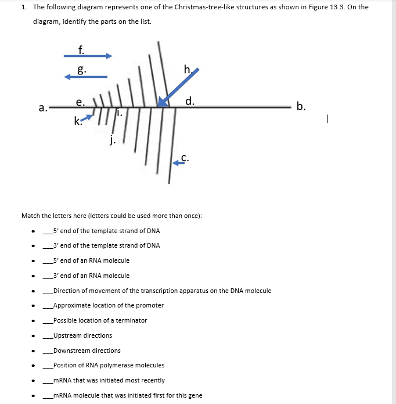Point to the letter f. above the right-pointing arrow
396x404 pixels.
point(82,49)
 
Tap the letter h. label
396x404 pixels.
point(186,70)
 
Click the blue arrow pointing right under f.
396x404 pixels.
point(87,56)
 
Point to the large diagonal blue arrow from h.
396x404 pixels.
point(178,87)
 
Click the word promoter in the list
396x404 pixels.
point(150,305)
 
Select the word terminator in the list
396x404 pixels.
point(133,320)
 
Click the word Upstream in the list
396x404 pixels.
point(66,335)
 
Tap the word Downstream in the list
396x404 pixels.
point(70,351)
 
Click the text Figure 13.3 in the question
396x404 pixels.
point(330,8)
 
